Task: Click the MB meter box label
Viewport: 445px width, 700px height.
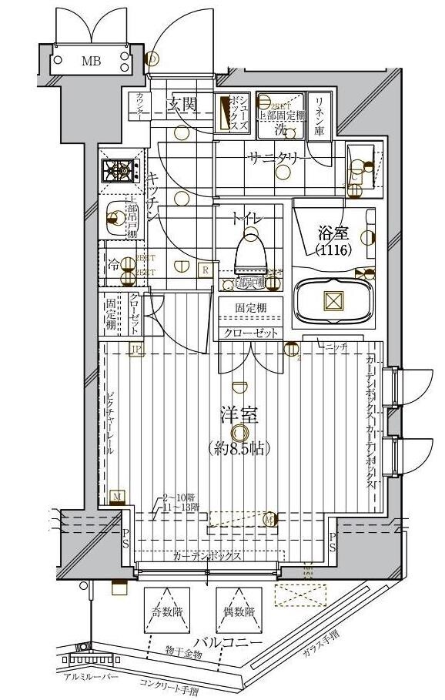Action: point(91,59)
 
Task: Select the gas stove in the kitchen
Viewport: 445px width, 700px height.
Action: point(120,169)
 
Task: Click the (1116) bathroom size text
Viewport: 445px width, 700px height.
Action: point(333,250)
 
